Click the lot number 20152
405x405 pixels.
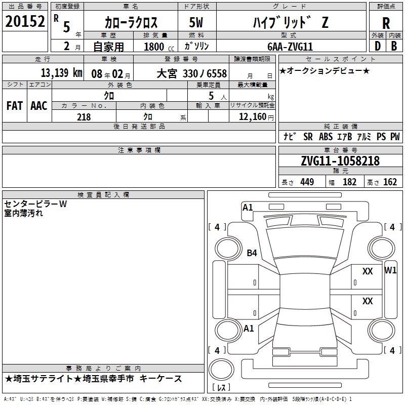25,21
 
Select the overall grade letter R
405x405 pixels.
386,23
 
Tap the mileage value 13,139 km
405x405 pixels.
61,73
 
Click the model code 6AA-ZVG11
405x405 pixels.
290,47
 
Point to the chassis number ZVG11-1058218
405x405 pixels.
340,161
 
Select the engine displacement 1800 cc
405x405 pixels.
159,47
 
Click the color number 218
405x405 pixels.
84,117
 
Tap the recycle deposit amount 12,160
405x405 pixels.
253,116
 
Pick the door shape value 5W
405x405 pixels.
196,22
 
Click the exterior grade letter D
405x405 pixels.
378,46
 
